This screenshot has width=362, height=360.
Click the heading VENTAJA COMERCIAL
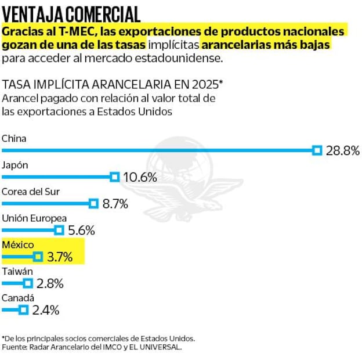click(71, 12)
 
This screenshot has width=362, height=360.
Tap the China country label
click(15, 138)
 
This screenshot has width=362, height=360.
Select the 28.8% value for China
click(342, 151)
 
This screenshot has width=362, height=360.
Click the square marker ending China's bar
click(317, 150)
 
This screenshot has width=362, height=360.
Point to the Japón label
click(16, 165)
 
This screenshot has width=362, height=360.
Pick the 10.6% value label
click(140, 177)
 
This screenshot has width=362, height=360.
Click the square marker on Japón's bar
click(115, 177)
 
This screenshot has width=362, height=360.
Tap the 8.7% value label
click(115, 204)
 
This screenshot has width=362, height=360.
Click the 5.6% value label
click(81, 231)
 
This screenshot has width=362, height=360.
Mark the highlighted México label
click(18, 244)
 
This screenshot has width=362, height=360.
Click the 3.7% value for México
click(60, 257)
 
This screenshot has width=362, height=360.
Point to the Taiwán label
click(17, 271)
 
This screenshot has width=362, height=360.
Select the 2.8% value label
click(49, 284)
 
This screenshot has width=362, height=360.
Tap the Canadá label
click(17, 298)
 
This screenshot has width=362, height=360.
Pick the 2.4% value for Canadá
click(46, 310)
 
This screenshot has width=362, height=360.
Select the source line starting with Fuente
click(92, 347)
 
